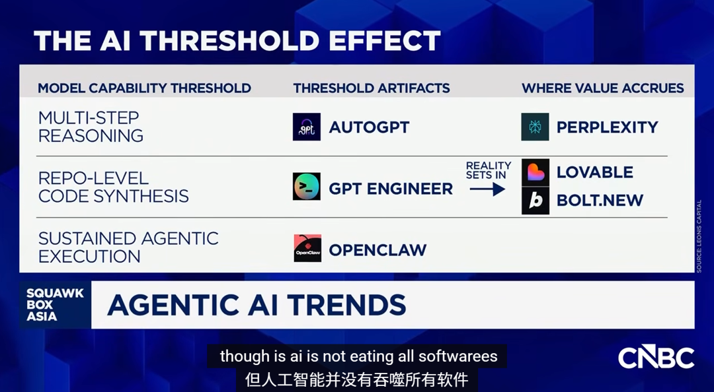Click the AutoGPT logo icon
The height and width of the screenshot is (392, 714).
307,127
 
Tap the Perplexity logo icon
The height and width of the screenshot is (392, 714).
535,127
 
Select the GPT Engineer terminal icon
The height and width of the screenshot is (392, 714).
307,187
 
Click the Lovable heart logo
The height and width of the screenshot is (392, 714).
535,172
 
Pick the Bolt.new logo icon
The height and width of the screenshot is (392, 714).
535,201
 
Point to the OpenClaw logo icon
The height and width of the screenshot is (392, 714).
307,248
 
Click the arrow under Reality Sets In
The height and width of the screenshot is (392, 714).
487,189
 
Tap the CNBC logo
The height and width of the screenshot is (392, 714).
656,357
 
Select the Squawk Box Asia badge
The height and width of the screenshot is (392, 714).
55,305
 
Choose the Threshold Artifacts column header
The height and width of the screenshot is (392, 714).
372,88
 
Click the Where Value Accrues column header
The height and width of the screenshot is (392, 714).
603,88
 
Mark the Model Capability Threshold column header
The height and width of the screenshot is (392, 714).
144,88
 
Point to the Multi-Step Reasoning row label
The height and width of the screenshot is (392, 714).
91,127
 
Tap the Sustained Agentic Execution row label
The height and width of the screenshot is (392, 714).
128,247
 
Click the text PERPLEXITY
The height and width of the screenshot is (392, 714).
608,127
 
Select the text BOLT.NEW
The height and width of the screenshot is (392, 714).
600,201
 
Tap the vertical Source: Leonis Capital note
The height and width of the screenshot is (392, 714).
699,236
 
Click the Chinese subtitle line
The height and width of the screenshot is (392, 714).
356,379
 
